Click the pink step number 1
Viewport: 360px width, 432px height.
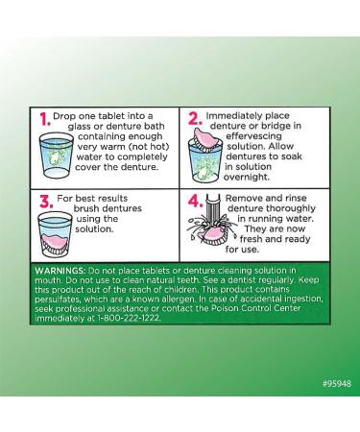pos(45,119)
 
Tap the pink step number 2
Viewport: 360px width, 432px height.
pos(195,119)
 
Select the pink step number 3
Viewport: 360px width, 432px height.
pos(46,202)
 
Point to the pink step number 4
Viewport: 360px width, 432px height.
pos(196,202)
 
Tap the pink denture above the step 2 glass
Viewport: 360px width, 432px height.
pos(205,137)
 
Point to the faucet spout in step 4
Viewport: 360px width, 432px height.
pos(213,208)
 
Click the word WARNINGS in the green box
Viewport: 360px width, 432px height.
pos(60,271)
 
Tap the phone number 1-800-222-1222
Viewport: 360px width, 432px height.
pos(128,319)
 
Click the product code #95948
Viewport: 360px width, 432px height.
pos(337,383)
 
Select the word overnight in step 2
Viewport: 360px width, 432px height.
pos(247,177)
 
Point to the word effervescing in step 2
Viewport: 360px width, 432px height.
pos(254,136)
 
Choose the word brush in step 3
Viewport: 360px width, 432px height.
pos(84,208)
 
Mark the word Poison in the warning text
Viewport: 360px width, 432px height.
pos(224,309)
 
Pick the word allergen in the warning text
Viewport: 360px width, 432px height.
pos(179,300)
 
